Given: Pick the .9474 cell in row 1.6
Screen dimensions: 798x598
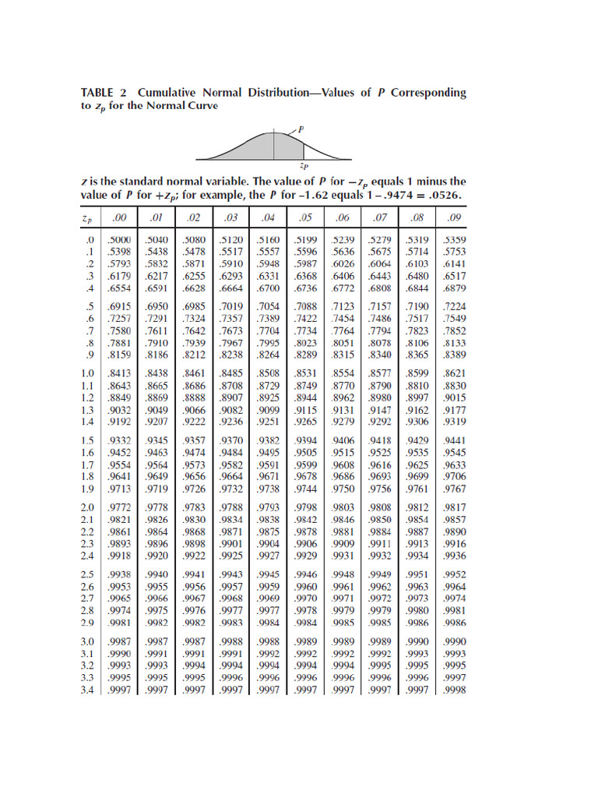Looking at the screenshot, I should pos(193,453).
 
